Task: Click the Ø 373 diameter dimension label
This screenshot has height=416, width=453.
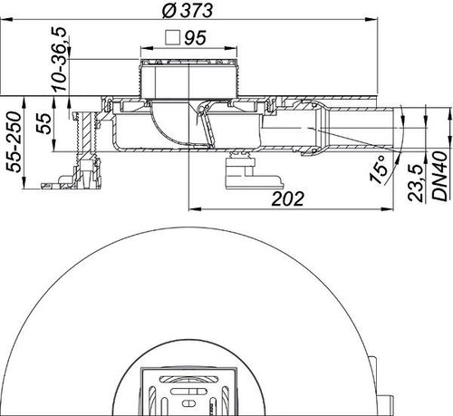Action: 188,10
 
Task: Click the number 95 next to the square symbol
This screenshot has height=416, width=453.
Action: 196,38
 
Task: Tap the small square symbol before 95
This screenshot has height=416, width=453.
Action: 173,38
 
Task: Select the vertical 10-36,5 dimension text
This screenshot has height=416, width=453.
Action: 60,59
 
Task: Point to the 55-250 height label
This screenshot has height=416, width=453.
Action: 14,142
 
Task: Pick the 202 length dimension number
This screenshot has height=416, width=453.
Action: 287,198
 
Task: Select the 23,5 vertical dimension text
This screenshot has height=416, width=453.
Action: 416,183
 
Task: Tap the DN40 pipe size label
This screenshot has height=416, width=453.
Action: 439,176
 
